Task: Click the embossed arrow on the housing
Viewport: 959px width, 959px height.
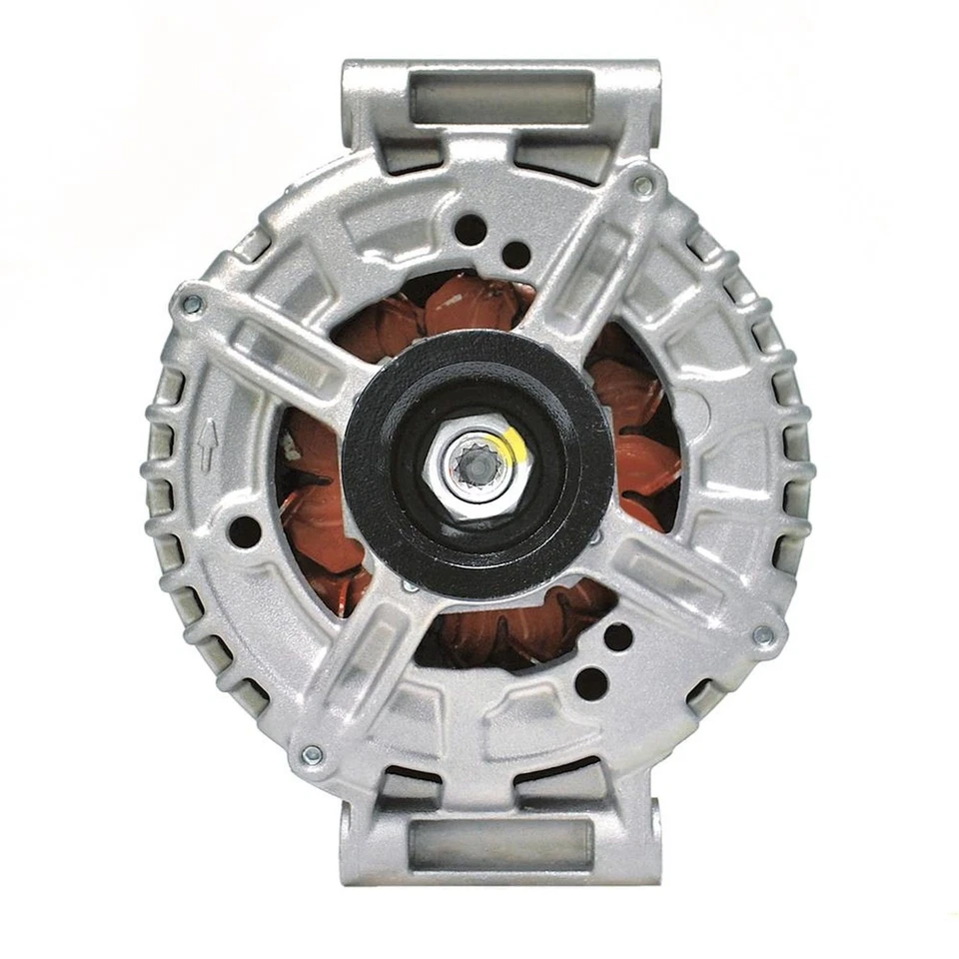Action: [207, 446]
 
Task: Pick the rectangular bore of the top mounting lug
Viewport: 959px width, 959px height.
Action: [501, 98]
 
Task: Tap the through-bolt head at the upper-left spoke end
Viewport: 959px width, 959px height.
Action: [191, 303]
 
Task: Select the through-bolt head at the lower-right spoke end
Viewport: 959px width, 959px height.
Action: [763, 635]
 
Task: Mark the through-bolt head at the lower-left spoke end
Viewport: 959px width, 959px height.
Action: [311, 754]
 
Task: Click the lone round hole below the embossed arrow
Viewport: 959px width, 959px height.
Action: [244, 531]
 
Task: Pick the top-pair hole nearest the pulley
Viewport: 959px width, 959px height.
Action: [515, 255]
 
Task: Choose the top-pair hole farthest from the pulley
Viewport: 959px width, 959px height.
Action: [470, 230]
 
